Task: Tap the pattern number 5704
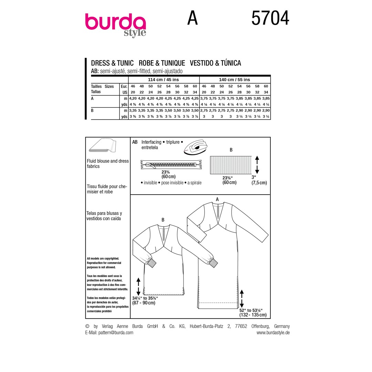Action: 270,18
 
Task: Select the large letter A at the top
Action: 193,18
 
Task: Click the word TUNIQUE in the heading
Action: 173,63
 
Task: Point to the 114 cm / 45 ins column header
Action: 164,80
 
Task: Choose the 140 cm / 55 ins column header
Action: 235,80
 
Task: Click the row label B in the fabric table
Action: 92,111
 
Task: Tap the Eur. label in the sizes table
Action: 124,86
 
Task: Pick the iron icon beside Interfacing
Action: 196,147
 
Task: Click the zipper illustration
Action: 171,164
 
